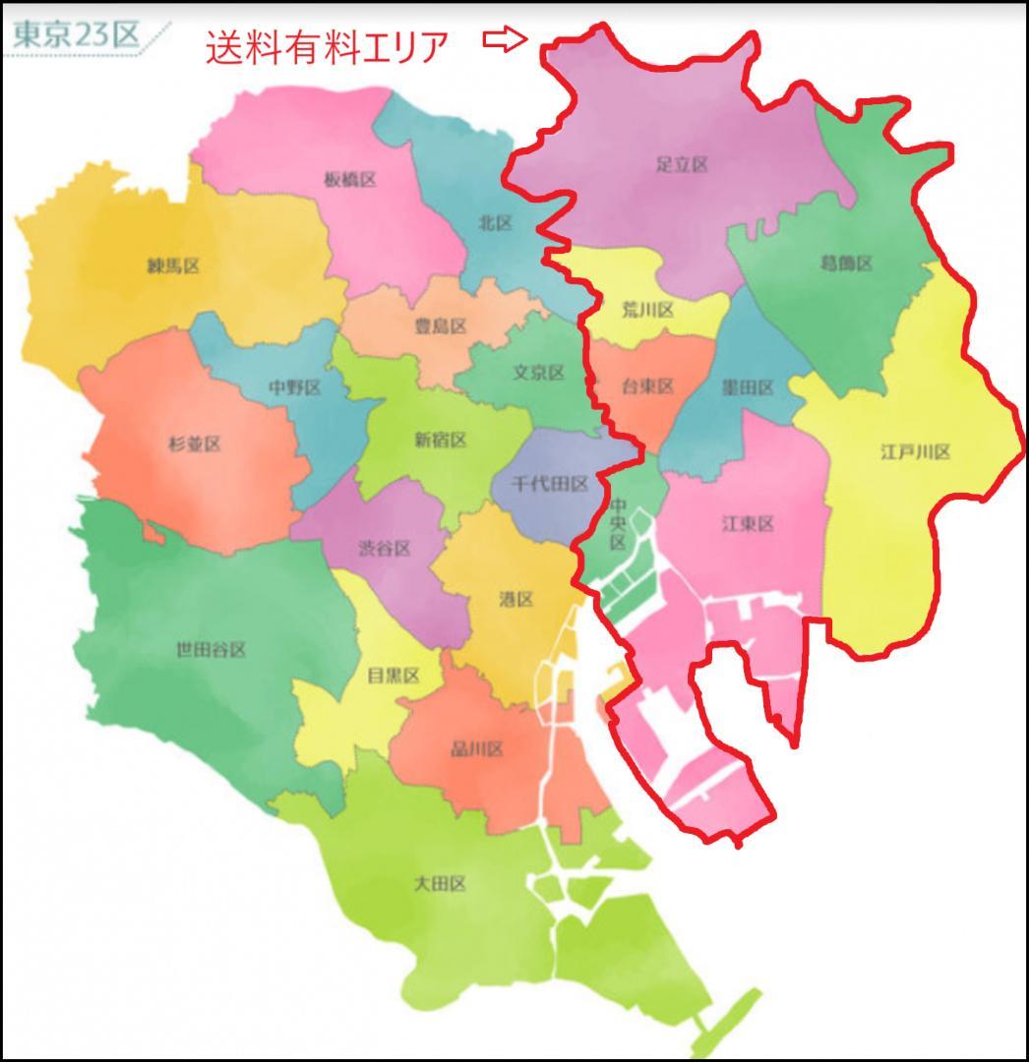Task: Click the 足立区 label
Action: tap(682, 164)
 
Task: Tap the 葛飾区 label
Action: tap(846, 264)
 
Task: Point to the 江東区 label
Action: tap(748, 524)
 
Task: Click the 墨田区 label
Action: tap(748, 387)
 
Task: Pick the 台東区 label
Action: tap(648, 386)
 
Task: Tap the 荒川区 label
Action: tap(648, 311)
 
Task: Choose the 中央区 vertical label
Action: tap(618, 524)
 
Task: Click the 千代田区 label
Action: tap(552, 484)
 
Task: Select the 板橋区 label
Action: tap(350, 179)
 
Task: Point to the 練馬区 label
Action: tap(174, 265)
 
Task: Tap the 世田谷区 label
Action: tap(211, 650)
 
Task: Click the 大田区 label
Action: tap(440, 883)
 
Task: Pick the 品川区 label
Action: tap(476, 749)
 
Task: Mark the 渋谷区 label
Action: tap(384, 548)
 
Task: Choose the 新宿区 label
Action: tap(440, 440)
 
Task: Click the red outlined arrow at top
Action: tap(506, 40)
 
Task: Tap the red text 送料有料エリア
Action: tap(327, 46)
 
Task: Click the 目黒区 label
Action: tap(393, 676)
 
